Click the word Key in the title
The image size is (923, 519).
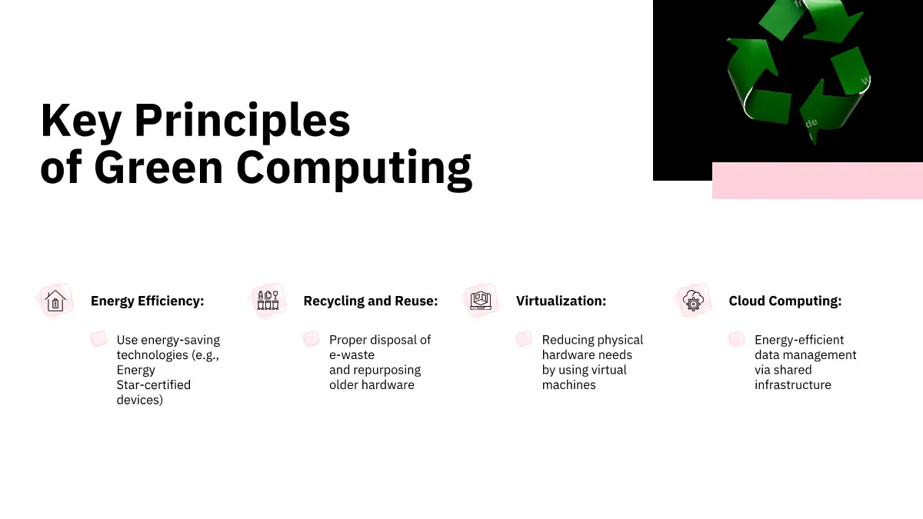point(81,121)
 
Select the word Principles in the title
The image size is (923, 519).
point(242,121)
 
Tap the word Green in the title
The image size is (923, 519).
point(158,168)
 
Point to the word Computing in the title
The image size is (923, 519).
point(354,169)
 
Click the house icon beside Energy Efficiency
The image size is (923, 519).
point(55,301)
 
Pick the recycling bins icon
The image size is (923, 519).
point(268,301)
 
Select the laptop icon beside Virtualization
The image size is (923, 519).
point(481,301)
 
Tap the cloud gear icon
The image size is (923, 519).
point(694,301)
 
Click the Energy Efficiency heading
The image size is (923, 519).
point(147,301)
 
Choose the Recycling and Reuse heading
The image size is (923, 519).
point(371,301)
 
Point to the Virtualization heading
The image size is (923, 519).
point(561,301)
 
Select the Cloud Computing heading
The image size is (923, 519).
point(785,301)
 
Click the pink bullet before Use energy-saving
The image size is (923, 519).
point(99,339)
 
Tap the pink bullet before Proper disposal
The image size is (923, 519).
point(312,339)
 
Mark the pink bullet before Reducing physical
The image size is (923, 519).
point(524,339)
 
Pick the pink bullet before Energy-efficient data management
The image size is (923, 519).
point(737,339)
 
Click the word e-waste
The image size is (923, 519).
point(352,354)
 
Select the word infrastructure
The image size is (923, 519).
point(793,384)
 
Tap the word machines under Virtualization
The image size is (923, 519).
point(568,384)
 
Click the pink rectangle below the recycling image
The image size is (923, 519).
point(818,181)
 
